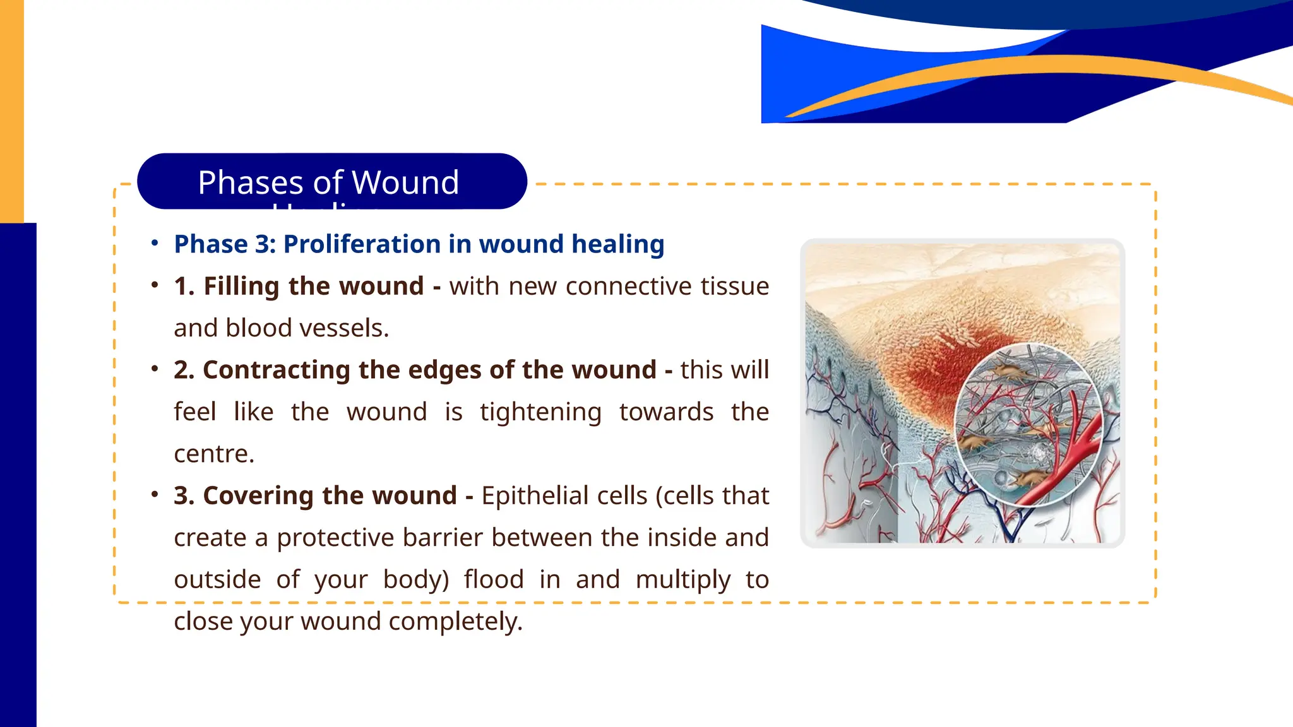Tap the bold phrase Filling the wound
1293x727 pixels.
(x=313, y=287)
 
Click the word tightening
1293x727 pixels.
(x=540, y=412)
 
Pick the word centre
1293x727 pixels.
(x=213, y=454)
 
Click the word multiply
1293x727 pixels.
(x=682, y=579)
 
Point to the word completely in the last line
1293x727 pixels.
(x=455, y=621)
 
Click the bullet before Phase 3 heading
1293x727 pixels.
(x=155, y=244)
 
